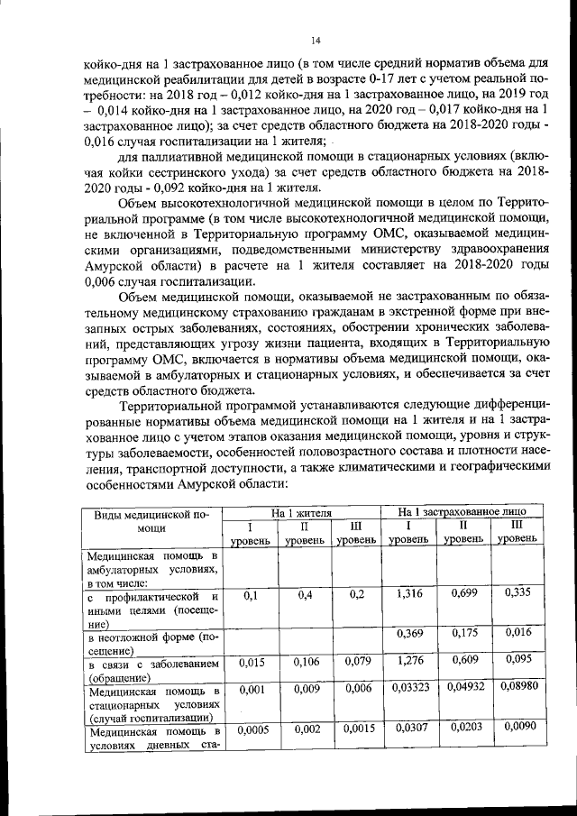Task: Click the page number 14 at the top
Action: (x=316, y=40)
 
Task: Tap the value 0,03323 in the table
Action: (x=408, y=688)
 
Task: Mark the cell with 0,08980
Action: (x=517, y=688)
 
